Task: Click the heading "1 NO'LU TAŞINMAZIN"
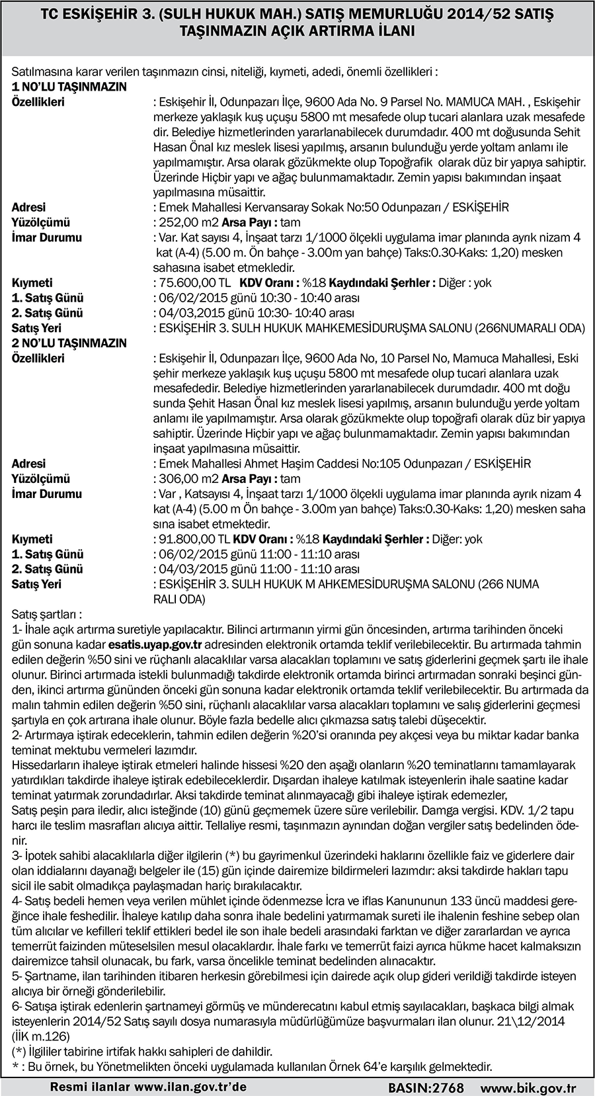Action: click(x=69, y=87)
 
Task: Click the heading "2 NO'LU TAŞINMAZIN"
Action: click(x=69, y=343)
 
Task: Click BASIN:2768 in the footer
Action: click(x=425, y=1087)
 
